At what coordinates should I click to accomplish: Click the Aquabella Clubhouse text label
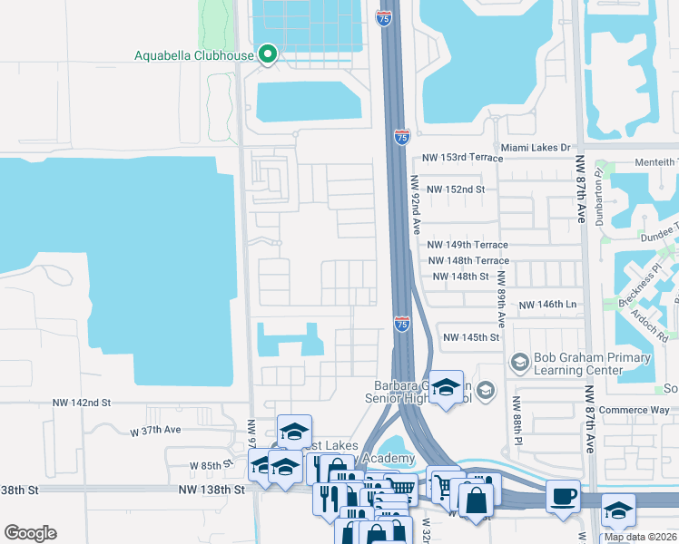(193, 55)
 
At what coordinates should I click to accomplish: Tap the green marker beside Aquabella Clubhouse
(268, 55)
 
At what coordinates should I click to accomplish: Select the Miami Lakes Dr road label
(536, 147)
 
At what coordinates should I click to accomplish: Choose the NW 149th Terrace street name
(467, 245)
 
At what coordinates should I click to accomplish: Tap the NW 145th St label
(471, 337)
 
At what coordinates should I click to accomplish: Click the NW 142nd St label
(81, 402)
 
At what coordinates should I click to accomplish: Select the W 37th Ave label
(156, 431)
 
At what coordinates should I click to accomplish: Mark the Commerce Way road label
(635, 409)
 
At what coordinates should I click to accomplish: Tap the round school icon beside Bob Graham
(519, 363)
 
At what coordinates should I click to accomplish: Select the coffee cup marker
(564, 496)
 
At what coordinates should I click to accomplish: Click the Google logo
(30, 533)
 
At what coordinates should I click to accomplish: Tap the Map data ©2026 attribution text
(640, 537)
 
